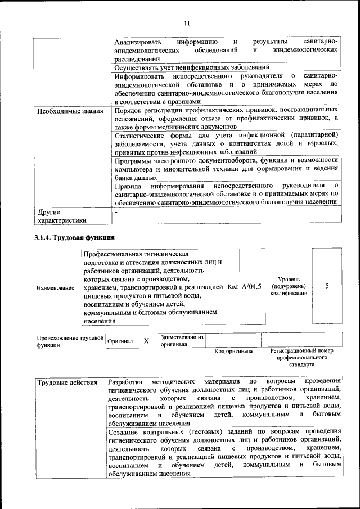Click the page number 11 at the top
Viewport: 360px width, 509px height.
pos(187,24)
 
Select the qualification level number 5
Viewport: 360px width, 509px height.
pos(327,286)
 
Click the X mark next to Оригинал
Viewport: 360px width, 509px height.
pos(146,341)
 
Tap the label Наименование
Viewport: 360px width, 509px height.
pos(56,288)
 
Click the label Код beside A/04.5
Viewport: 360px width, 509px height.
pos(233,287)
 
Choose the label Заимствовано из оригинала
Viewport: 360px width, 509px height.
pos(182,340)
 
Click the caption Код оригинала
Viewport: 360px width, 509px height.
pos(234,352)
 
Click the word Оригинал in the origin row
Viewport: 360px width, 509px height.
pos(120,341)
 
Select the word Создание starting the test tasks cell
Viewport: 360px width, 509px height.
pos(124,431)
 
